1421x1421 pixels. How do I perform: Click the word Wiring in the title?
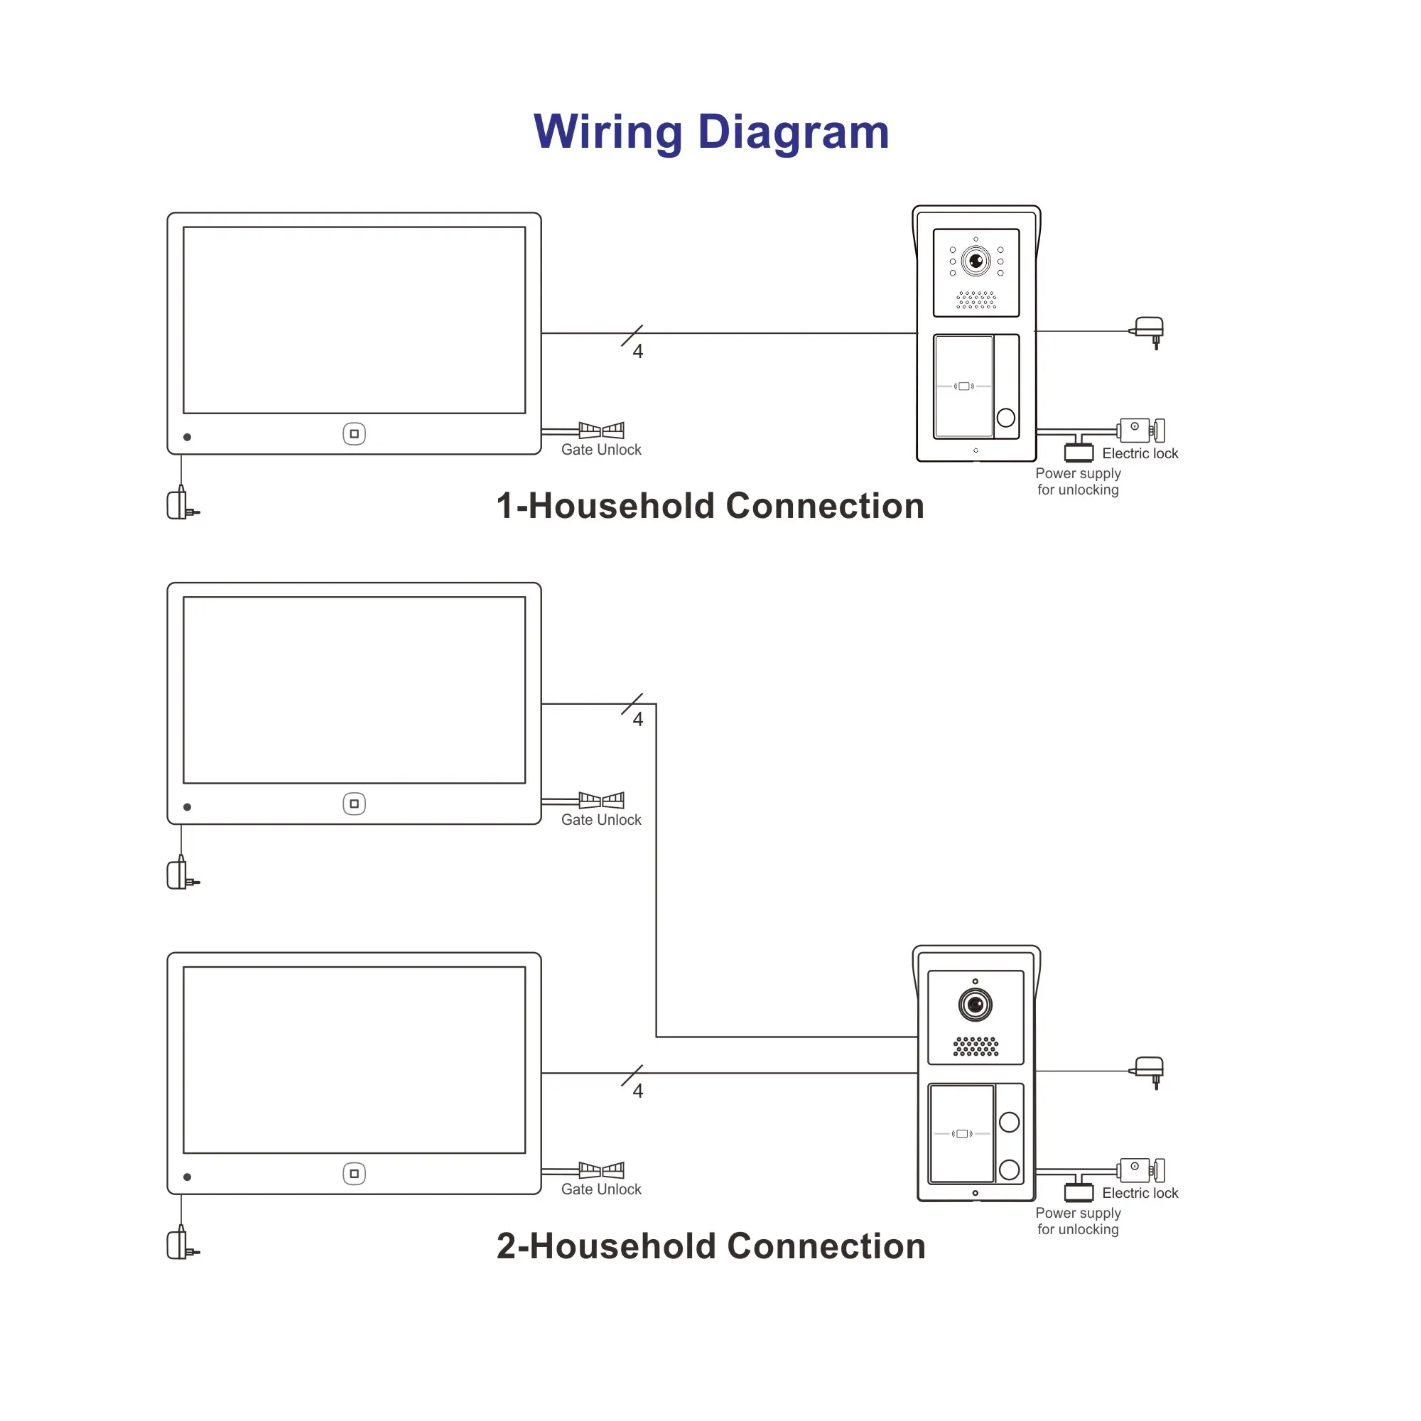[607, 132]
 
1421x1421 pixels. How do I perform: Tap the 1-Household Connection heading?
[710, 506]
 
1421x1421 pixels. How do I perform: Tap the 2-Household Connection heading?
[710, 1246]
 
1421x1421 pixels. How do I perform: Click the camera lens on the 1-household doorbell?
[976, 261]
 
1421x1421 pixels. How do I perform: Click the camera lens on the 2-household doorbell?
[976, 1005]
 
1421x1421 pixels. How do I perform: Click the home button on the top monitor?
[354, 434]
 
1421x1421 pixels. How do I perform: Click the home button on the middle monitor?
[354, 804]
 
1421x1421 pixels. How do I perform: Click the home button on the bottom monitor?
[354, 1174]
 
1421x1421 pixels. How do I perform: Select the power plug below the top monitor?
[181, 504]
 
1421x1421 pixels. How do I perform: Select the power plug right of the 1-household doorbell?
[1149, 329]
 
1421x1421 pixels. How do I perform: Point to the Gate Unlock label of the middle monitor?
[601, 819]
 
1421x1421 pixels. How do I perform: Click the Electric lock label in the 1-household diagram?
[1140, 454]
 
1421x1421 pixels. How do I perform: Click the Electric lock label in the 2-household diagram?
[1140, 1193]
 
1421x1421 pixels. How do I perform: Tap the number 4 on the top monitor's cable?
[638, 352]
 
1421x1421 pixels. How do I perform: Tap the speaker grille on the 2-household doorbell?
[976, 1047]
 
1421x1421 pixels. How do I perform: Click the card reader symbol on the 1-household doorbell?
[963, 386]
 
